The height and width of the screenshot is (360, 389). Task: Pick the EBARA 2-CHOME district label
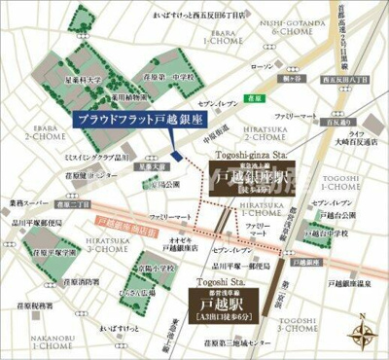click(x=29, y=141)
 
